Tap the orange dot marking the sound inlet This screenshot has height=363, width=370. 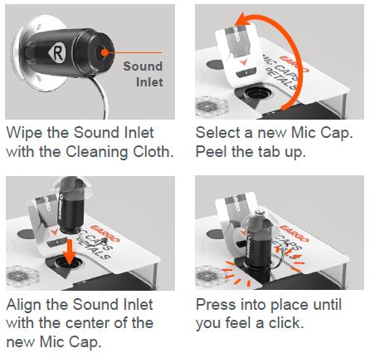(x=102, y=51)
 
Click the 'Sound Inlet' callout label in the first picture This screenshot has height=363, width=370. (x=143, y=74)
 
